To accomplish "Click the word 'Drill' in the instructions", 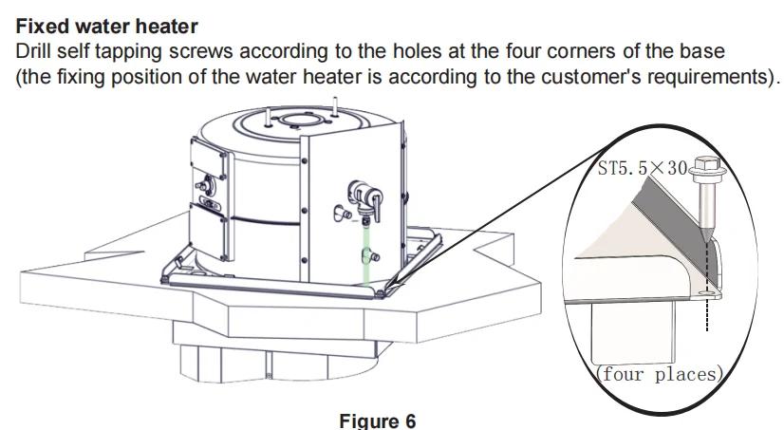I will tap(35, 51).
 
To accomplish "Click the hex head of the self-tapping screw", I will tap(707, 175).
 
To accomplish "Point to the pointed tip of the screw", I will tap(707, 242).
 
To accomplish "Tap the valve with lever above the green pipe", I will tap(366, 196).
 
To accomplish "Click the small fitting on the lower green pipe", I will tap(372, 255).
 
